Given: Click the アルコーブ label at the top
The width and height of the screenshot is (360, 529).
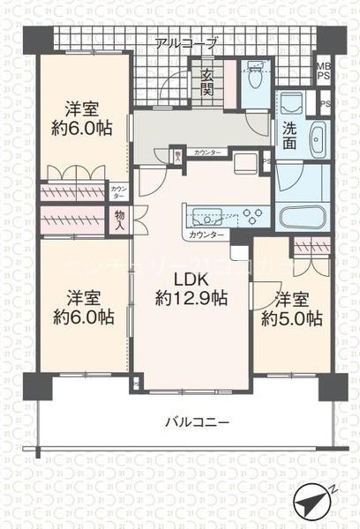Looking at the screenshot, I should click(185, 42).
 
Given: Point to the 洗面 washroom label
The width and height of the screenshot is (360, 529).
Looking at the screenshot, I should click(290, 138).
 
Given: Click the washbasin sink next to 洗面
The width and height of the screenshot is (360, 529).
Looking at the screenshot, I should click(317, 139).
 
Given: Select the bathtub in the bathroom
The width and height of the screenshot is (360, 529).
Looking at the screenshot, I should click(304, 218).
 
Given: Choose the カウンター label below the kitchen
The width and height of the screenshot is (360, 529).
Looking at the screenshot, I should click(206, 235).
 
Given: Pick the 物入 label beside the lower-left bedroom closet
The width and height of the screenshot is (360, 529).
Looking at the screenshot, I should click(120, 220).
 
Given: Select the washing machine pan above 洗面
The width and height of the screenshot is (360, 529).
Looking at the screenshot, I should click(290, 102).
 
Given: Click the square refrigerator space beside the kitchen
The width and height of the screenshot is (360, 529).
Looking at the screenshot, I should click(247, 161).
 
